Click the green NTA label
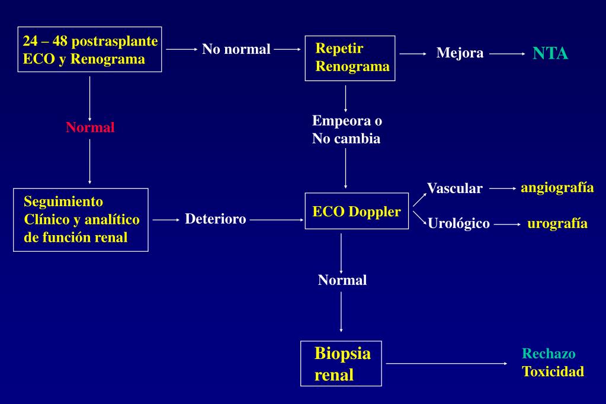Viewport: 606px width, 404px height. pyautogui.click(x=550, y=53)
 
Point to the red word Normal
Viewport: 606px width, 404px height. pyautogui.click(x=90, y=127)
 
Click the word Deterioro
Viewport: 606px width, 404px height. pyautogui.click(x=215, y=219)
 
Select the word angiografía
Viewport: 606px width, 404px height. pyautogui.click(x=557, y=188)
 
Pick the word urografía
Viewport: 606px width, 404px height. pyautogui.click(x=557, y=224)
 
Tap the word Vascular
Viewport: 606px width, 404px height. pyautogui.click(x=455, y=188)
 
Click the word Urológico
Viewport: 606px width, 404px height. pyautogui.click(x=458, y=223)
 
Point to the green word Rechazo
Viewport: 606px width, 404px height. pyautogui.click(x=549, y=354)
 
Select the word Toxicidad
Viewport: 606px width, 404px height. pyautogui.click(x=553, y=371)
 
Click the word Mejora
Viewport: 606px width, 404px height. pyautogui.click(x=460, y=53)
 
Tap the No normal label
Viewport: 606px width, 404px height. pyautogui.click(x=236, y=49)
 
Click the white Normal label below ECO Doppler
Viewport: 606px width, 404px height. pyautogui.click(x=342, y=280)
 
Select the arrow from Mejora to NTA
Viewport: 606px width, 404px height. pyautogui.click(x=508, y=54)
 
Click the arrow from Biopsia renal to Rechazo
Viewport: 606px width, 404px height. pyautogui.click(x=447, y=363)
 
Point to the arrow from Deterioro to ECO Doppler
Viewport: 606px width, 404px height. pyautogui.click(x=277, y=220)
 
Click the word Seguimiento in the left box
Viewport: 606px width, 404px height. pyautogui.click(x=63, y=202)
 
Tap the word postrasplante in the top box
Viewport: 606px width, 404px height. pyautogui.click(x=114, y=41)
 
